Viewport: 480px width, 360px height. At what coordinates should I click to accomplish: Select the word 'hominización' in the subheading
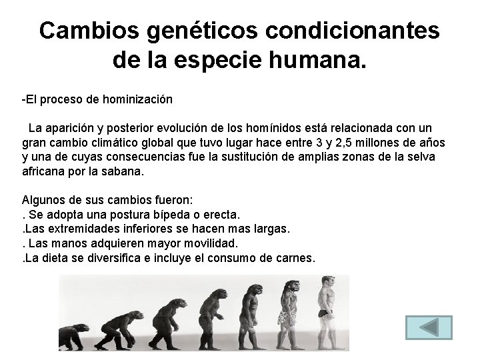point(139,100)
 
